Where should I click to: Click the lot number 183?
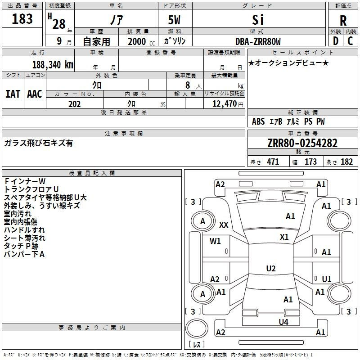coord(22,19)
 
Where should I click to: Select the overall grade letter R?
coord(343,20)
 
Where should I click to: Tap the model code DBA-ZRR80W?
coord(258,41)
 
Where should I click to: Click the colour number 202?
coord(74,104)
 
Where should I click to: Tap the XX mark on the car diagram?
coord(224,224)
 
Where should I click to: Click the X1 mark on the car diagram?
coord(284,237)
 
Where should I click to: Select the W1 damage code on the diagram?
coord(216,241)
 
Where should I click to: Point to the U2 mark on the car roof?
coord(270,268)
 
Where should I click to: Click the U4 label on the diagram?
coord(283,322)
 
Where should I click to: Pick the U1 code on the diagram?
coord(326,279)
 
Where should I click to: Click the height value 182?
coord(346,162)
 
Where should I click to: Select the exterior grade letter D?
coord(335,41)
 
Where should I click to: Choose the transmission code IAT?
coord(13,94)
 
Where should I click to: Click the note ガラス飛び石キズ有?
coord(38,143)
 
